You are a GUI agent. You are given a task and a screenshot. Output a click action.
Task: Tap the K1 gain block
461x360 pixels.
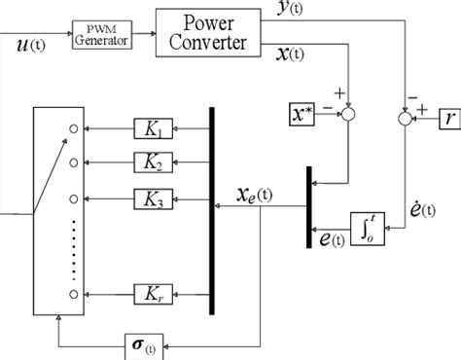155,127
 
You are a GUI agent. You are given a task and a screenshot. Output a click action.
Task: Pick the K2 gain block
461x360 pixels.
155,162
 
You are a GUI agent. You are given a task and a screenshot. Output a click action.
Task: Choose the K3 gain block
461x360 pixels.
155,199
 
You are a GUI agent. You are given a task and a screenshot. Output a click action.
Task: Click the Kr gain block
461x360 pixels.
155,291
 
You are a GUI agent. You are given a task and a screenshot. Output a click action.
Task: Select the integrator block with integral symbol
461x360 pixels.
368,234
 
